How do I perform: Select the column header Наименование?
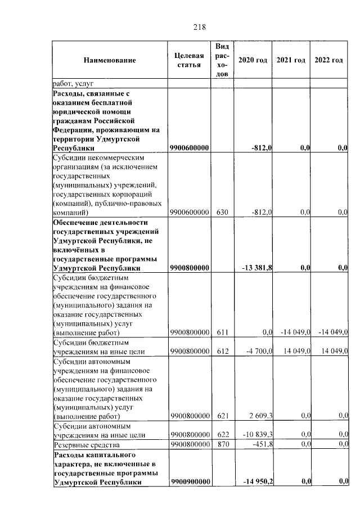pos(110,60)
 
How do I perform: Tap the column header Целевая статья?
pos(189,60)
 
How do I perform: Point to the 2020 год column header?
pos(252,60)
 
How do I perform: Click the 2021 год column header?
pos(291,60)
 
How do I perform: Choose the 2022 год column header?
pos(328,60)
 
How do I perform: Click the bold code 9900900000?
pos(190,481)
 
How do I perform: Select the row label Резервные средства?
pos(83,444)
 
